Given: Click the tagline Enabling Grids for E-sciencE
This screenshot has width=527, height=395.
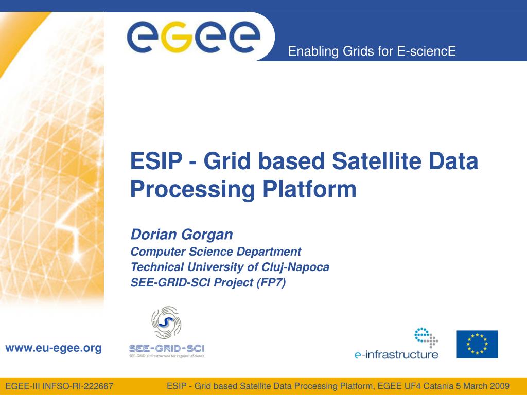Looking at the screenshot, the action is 372,51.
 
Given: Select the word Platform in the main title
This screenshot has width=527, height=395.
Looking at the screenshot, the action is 309,189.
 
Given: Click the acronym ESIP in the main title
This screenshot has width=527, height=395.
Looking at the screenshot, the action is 156,160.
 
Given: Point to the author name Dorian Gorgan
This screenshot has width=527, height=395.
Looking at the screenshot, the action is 182,235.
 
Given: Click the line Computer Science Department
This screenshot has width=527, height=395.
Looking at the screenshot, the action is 216,252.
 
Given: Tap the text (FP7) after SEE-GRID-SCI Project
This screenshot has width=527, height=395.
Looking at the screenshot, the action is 271,282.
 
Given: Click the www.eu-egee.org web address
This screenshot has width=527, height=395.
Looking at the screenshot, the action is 54,348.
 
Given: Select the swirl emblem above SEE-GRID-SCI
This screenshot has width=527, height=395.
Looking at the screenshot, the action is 166,322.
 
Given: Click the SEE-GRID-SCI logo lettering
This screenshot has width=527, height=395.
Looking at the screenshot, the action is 167,348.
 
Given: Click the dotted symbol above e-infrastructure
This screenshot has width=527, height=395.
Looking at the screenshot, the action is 426,337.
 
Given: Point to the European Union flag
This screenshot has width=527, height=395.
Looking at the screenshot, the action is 477,344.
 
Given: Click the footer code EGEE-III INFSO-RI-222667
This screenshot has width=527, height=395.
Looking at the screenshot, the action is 59,386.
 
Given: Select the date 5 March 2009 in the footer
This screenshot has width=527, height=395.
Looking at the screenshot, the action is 483,386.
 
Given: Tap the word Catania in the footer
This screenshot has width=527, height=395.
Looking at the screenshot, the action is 436,386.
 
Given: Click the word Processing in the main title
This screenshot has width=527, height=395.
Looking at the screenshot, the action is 192,190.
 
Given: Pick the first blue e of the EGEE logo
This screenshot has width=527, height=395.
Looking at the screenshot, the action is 143,37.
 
